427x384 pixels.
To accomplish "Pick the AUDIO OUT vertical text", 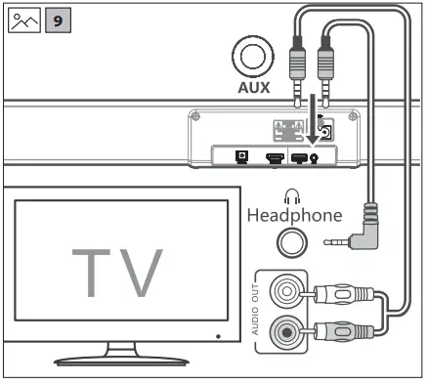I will coord(258,307).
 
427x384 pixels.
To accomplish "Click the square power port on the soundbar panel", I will coord(239,154).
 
